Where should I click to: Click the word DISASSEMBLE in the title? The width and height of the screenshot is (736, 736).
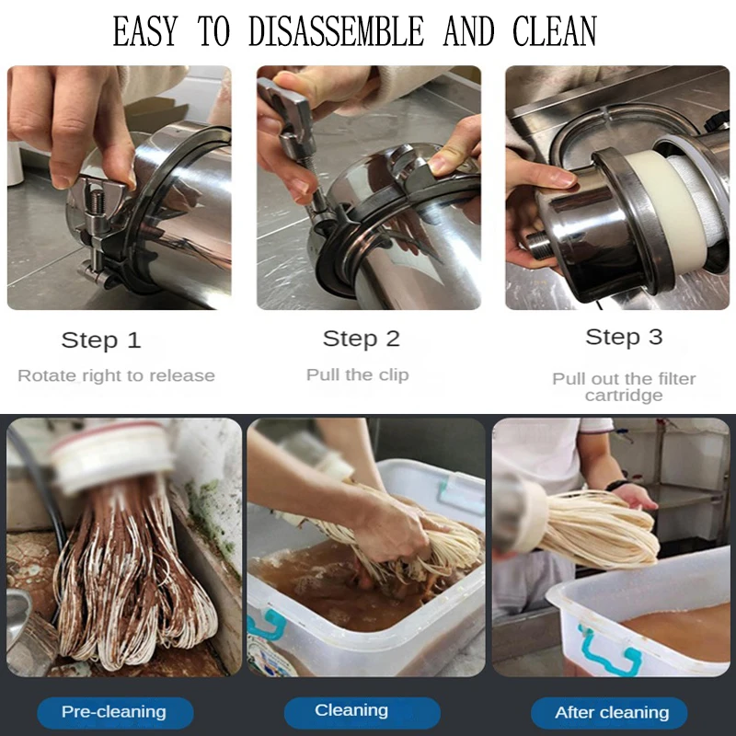point(336,31)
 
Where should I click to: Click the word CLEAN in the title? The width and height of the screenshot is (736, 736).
point(555,31)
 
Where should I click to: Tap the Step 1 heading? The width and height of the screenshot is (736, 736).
point(101,339)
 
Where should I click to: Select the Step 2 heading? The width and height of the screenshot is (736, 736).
point(361,339)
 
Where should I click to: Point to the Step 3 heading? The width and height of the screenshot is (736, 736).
point(624,337)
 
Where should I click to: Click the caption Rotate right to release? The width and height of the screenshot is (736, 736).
point(117,375)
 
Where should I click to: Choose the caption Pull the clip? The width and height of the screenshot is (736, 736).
point(358,374)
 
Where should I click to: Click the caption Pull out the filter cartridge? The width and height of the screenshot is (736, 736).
point(624,386)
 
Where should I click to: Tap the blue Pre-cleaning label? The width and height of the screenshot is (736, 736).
point(115,712)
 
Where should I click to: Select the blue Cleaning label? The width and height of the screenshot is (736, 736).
point(362,711)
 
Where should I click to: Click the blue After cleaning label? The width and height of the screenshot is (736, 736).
point(609,712)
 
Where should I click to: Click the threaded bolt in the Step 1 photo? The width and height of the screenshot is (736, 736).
point(96,201)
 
